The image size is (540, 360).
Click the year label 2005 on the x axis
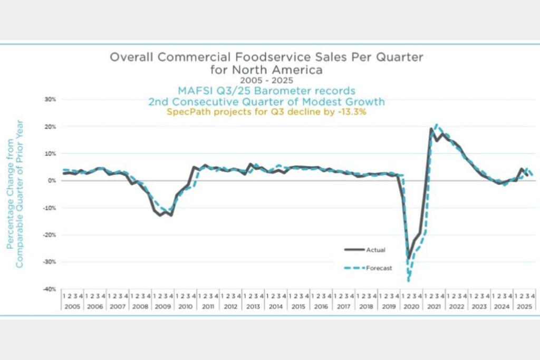point(72,306)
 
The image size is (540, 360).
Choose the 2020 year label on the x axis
point(411,306)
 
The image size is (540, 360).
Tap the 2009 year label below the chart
point(162,306)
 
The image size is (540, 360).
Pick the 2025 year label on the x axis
point(524,306)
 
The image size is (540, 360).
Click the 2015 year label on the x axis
point(298,306)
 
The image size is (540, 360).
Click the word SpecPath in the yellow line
point(184,112)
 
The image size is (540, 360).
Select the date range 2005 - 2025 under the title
point(266,80)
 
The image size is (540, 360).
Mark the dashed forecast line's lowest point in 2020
point(408,280)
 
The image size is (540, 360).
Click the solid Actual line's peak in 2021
point(431,129)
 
